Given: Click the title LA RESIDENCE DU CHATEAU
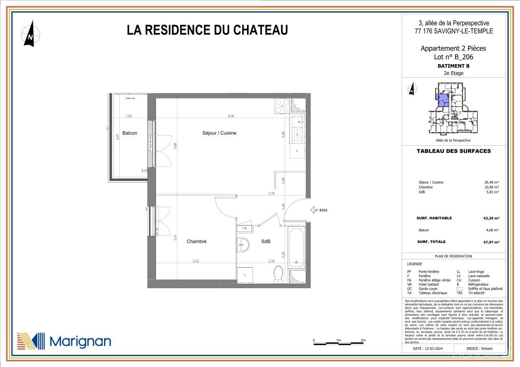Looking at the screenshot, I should [207, 30].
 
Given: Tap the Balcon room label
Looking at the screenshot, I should [130, 133].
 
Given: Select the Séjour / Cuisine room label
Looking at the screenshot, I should [219, 133].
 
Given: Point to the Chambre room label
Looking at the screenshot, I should [196, 241].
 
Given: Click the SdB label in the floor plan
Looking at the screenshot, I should [265, 242].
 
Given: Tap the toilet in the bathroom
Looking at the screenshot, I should [277, 274].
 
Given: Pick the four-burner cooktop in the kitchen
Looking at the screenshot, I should [280, 106].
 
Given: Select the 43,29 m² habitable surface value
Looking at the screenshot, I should [492, 218].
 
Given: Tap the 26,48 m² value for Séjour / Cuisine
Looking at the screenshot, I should [491, 182].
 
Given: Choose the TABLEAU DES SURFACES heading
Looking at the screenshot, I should [453, 151].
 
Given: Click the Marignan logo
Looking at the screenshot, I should [64, 341].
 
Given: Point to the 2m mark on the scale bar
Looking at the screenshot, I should [363, 340].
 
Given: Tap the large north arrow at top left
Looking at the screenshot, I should [31, 35].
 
